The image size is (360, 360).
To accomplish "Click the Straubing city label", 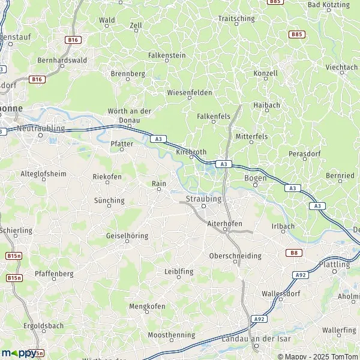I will [x=204, y=198].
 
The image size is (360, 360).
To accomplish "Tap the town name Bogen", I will [x=256, y=178].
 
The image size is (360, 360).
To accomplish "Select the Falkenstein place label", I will [x=167, y=55].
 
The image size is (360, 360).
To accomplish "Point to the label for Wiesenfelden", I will [x=189, y=93].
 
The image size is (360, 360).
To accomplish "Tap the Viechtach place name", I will [x=341, y=68].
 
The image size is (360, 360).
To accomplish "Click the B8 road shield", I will [x=295, y=253].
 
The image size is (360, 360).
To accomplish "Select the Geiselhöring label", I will [x=127, y=236].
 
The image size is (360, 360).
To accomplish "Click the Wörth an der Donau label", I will [x=129, y=115].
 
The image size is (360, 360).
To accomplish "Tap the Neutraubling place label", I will [x=40, y=128].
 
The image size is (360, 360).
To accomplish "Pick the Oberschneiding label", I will [x=235, y=256].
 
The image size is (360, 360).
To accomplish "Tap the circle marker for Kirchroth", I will [x=192, y=158].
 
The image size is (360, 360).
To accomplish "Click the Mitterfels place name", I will [x=251, y=137].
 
